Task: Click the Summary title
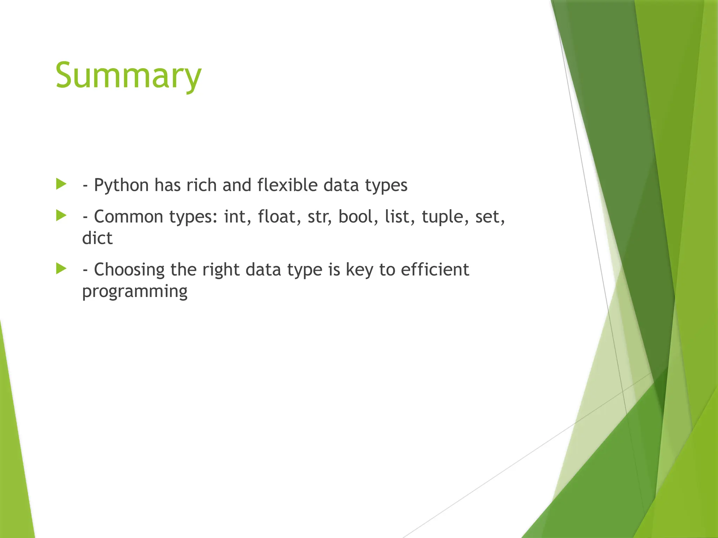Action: click(x=128, y=75)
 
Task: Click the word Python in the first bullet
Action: click(x=121, y=185)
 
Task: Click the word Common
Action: click(x=129, y=216)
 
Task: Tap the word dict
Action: click(x=97, y=238)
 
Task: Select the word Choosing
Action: click(x=129, y=270)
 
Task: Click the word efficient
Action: click(x=435, y=269)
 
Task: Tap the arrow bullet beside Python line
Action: click(x=61, y=184)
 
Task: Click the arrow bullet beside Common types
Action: click(x=61, y=215)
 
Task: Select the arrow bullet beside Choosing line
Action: click(x=61, y=269)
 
